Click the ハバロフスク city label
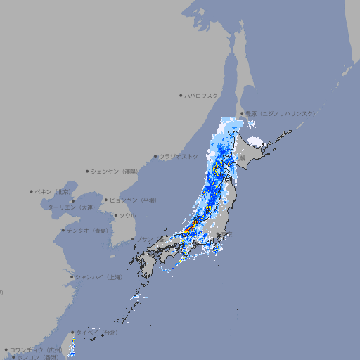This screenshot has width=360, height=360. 201,95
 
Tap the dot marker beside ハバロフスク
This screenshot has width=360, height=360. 181,95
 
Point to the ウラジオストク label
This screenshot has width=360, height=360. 179,156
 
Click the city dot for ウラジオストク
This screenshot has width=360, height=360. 155,156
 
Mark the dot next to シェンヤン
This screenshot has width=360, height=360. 87,171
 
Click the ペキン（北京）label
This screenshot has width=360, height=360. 54,191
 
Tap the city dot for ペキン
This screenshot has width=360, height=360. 32,191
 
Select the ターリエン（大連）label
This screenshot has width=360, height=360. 71,207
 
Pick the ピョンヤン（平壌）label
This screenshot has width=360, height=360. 133,200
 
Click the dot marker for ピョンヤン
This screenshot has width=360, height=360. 106,200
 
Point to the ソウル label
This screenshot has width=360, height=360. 127,215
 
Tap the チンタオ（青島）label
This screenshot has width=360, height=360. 88,230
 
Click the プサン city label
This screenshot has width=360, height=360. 143,239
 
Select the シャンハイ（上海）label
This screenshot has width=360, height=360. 99,277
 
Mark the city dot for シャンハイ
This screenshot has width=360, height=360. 72,277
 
